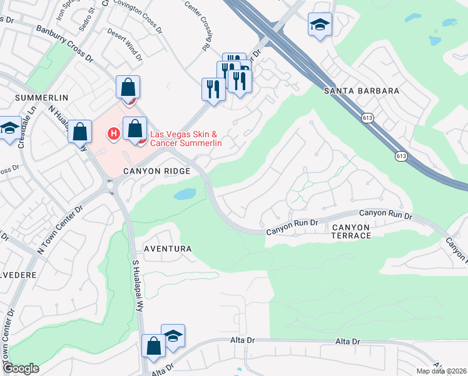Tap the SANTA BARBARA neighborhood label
coord(362,91)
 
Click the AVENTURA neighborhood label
coord(167,249)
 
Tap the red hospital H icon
coord(114,133)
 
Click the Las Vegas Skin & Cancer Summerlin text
coord(186,138)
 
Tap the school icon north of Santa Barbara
coord(320,26)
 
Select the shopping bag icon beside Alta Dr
coord(153,347)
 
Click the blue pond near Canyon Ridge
coord(185,194)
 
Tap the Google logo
coord(20,368)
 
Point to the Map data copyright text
coord(441,371)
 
